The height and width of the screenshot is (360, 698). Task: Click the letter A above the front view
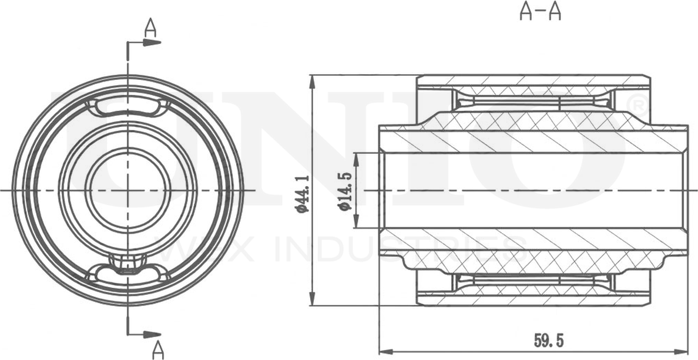151,28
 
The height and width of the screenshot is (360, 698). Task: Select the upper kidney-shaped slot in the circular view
127,107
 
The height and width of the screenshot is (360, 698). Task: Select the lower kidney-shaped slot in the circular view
127,272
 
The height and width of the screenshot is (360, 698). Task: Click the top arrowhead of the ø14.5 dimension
355,157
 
